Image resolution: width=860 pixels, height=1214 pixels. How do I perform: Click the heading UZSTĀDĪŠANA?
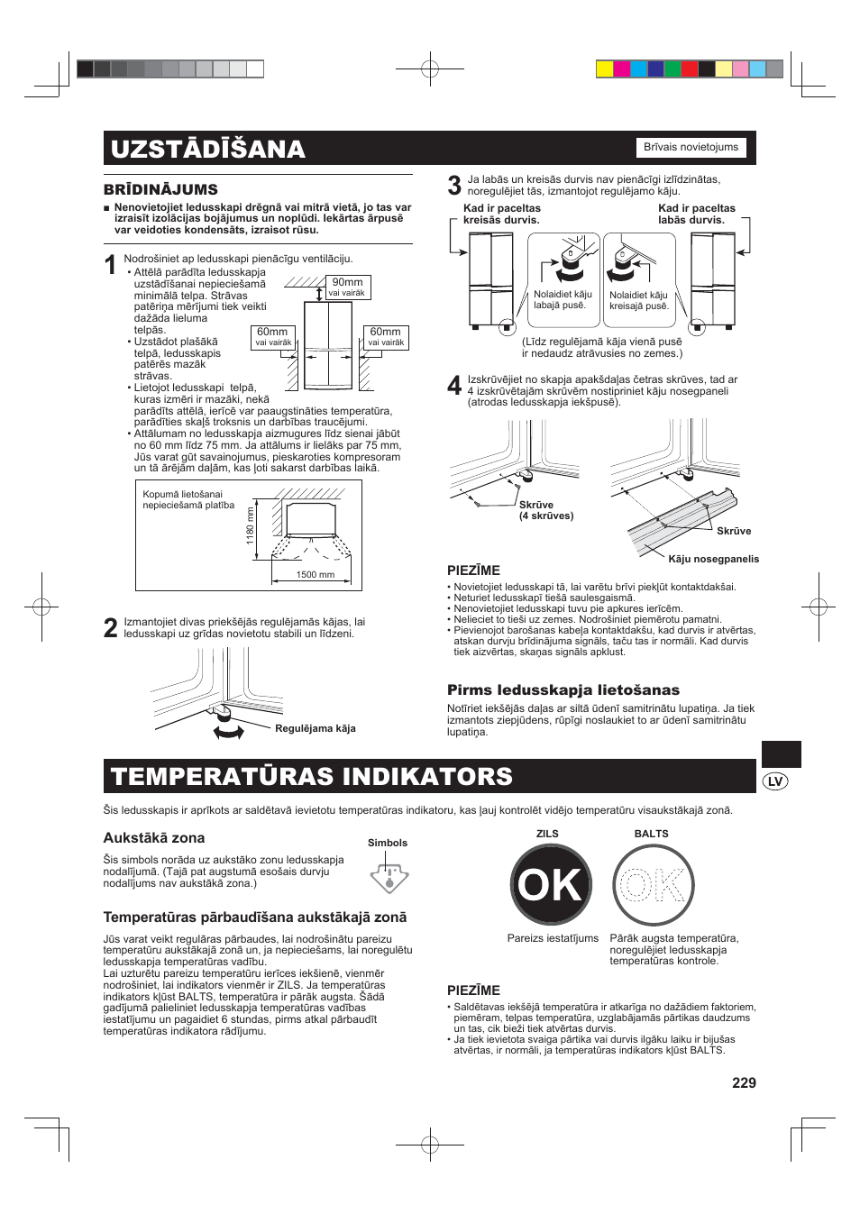208,149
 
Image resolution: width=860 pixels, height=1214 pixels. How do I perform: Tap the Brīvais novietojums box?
691,148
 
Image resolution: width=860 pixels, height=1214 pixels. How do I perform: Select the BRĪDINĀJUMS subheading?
160,189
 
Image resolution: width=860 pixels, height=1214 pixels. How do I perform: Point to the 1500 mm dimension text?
316,574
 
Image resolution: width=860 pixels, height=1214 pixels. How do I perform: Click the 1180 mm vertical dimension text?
251,526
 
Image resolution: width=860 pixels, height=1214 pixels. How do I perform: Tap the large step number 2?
110,628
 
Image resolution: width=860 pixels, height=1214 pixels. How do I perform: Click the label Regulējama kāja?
315,728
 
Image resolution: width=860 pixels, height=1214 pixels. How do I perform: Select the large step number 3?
454,186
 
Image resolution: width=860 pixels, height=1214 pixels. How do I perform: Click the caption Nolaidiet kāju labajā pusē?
563,299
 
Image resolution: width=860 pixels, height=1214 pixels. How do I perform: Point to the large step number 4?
454,386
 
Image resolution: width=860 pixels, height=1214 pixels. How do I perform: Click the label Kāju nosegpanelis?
713,559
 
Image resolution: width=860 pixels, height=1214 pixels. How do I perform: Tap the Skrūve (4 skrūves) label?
545,510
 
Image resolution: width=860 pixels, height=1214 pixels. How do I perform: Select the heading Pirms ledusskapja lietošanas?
563,689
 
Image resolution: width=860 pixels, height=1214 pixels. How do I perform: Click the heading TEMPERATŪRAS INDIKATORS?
312,777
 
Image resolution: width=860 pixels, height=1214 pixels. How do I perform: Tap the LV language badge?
774,781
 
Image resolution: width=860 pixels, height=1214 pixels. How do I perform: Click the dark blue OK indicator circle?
551,885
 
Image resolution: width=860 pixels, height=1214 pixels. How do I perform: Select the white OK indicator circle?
653,885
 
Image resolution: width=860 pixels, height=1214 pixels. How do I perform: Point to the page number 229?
744,1082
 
